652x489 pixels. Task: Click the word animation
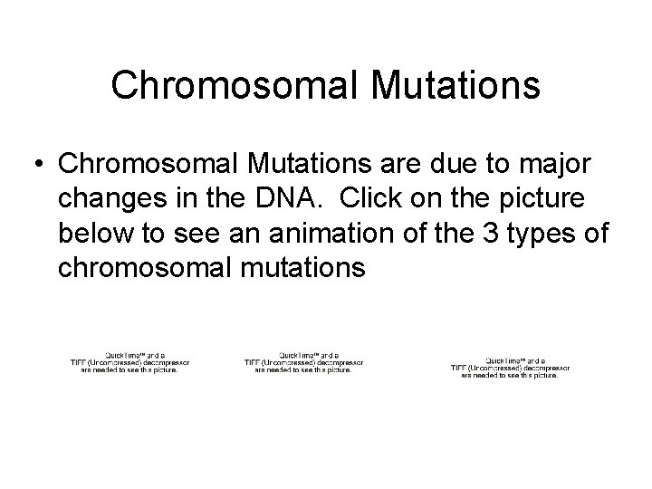305,233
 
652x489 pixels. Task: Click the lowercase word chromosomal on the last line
149,267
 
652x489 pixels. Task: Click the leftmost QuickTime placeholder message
130,362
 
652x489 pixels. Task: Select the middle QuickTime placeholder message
303,362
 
